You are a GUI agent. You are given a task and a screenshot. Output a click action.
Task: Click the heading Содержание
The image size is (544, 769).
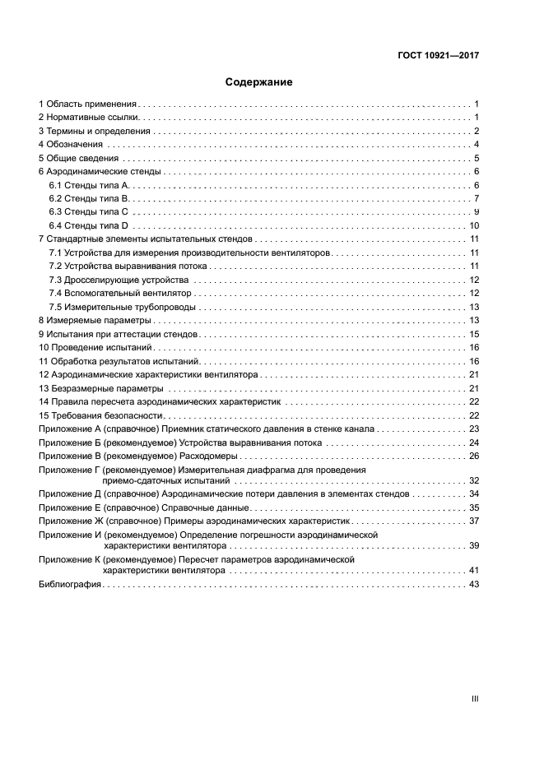[x=259, y=82]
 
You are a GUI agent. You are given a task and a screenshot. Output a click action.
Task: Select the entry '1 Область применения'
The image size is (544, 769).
[x=88, y=104]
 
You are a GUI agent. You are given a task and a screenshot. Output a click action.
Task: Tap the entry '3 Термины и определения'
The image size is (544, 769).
[x=95, y=132]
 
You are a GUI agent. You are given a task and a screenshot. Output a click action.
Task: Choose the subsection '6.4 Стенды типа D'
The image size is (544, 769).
[x=89, y=225]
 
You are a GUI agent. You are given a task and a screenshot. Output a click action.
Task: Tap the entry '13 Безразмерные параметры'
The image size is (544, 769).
[x=100, y=387]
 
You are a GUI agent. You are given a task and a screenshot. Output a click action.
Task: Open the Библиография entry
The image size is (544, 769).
[x=69, y=584]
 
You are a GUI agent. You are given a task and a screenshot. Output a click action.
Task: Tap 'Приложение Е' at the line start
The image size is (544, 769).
[x=70, y=508]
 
